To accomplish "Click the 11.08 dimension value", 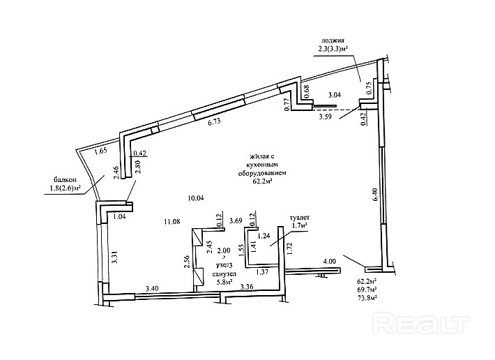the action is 172,222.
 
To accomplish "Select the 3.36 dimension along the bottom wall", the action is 246,287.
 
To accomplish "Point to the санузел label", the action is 223,273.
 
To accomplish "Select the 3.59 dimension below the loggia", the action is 326,117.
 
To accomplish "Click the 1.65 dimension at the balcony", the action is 100,151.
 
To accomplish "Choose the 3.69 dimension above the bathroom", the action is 236,222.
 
